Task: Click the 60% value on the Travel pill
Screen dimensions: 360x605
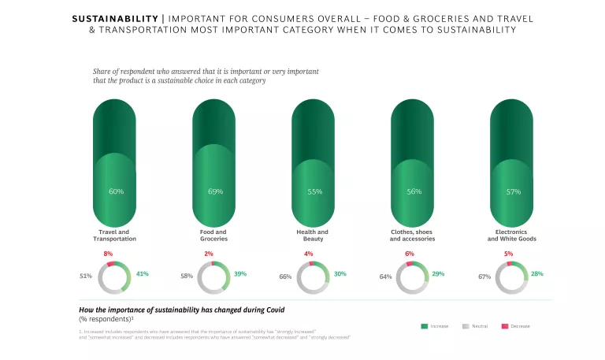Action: pyautogui.click(x=116, y=191)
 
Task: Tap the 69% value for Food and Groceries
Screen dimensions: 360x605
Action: pyautogui.click(x=215, y=191)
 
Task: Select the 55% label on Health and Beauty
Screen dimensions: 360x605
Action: pyautogui.click(x=314, y=191)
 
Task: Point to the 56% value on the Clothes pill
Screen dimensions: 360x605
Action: pyautogui.click(x=414, y=191)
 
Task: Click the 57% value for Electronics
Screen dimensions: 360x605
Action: pyautogui.click(x=513, y=191)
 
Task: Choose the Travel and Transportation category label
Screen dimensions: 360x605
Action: pyautogui.click(x=115, y=236)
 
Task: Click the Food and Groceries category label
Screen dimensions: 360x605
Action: pyautogui.click(x=213, y=236)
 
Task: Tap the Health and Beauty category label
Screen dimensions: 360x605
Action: pyautogui.click(x=314, y=236)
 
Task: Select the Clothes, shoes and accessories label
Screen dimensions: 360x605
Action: pyautogui.click(x=412, y=236)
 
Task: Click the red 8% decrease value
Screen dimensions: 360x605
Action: pyautogui.click(x=109, y=253)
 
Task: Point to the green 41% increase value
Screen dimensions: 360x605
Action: pyautogui.click(x=143, y=273)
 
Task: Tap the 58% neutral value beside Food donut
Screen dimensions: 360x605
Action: pyautogui.click(x=186, y=276)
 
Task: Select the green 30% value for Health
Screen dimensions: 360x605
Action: pyautogui.click(x=340, y=273)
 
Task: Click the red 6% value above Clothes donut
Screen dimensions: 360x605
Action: pyautogui.click(x=410, y=253)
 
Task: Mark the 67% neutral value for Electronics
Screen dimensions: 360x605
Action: pyautogui.click(x=484, y=276)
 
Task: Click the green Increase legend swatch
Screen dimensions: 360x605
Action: pyautogui.click(x=425, y=325)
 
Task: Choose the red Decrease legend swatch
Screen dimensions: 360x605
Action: pyautogui.click(x=505, y=325)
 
